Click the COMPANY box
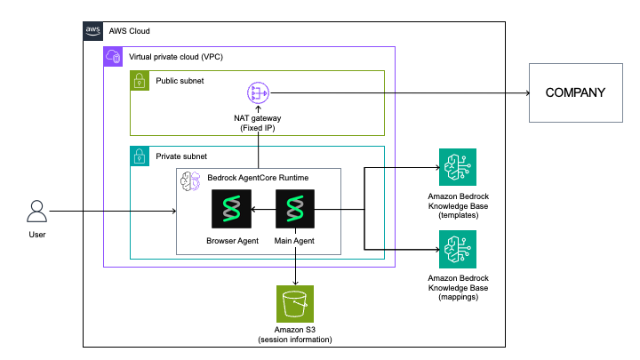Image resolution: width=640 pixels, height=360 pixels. (575, 92)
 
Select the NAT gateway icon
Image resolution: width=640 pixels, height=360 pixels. (259, 92)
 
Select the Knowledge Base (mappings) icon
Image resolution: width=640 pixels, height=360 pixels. (457, 249)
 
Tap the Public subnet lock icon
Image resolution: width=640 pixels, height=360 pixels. (140, 81)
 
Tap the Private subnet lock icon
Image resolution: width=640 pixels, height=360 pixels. (140, 156)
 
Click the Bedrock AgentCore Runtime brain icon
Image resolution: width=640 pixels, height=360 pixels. (189, 181)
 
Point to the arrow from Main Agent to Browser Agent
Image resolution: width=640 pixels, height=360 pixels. (263, 210)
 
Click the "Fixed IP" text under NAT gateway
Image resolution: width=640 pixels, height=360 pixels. (259, 128)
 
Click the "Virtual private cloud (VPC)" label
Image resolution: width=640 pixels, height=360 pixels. (175, 57)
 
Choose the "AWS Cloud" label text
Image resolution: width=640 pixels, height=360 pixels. (129, 29)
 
